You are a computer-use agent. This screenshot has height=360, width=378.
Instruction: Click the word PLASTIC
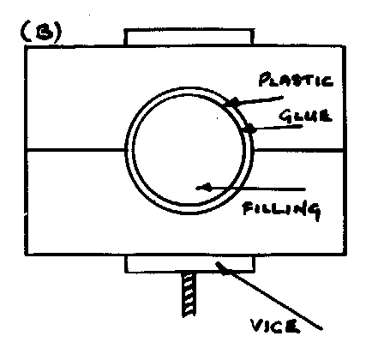point(296,80)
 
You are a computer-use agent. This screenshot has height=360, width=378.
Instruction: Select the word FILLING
point(282,209)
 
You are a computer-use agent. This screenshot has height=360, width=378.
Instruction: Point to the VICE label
point(275,326)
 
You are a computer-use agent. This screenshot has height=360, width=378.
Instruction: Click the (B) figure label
point(41,32)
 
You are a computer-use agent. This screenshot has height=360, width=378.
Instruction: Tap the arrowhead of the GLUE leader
point(249,129)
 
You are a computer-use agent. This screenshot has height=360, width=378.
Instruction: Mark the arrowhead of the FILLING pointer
point(203,188)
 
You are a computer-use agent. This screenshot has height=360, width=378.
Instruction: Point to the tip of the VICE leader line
point(218,263)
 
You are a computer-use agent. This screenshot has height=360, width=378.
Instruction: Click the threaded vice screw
point(189,294)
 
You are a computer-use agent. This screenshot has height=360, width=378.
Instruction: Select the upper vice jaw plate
point(189,37)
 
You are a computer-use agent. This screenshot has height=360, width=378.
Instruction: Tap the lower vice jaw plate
point(189,263)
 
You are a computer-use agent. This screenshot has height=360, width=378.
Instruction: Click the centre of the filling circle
point(189,150)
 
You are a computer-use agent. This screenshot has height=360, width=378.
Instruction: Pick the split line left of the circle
point(76,149)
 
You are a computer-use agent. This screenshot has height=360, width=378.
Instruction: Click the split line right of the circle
point(299,149)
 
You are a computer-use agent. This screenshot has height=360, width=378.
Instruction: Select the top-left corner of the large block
point(26,46)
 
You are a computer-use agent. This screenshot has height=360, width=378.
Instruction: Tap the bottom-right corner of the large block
point(345,255)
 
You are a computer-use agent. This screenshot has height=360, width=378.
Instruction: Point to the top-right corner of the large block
point(344,46)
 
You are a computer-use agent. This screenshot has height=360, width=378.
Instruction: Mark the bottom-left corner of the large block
point(26,255)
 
